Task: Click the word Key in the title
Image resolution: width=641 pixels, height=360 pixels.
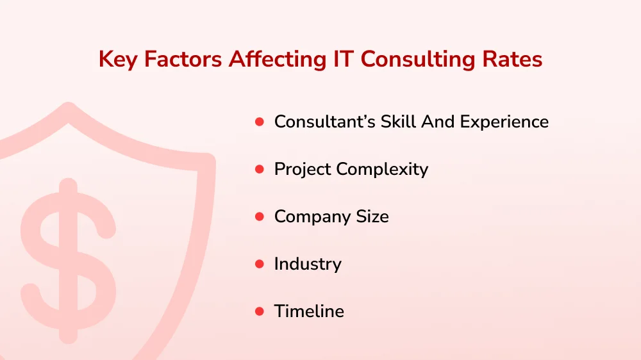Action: (119, 60)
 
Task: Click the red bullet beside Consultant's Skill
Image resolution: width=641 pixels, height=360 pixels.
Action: (260, 121)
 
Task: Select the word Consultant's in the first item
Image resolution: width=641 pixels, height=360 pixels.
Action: (322, 121)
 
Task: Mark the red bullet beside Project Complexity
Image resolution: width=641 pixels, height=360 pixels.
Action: (260, 169)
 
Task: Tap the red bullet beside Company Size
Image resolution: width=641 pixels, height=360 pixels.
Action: (260, 217)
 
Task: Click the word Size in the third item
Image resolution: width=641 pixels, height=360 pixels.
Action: (372, 217)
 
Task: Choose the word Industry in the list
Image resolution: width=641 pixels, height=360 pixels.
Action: (308, 264)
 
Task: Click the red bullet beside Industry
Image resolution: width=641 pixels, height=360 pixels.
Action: (260, 264)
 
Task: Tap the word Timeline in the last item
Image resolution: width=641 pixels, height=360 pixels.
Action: (309, 311)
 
